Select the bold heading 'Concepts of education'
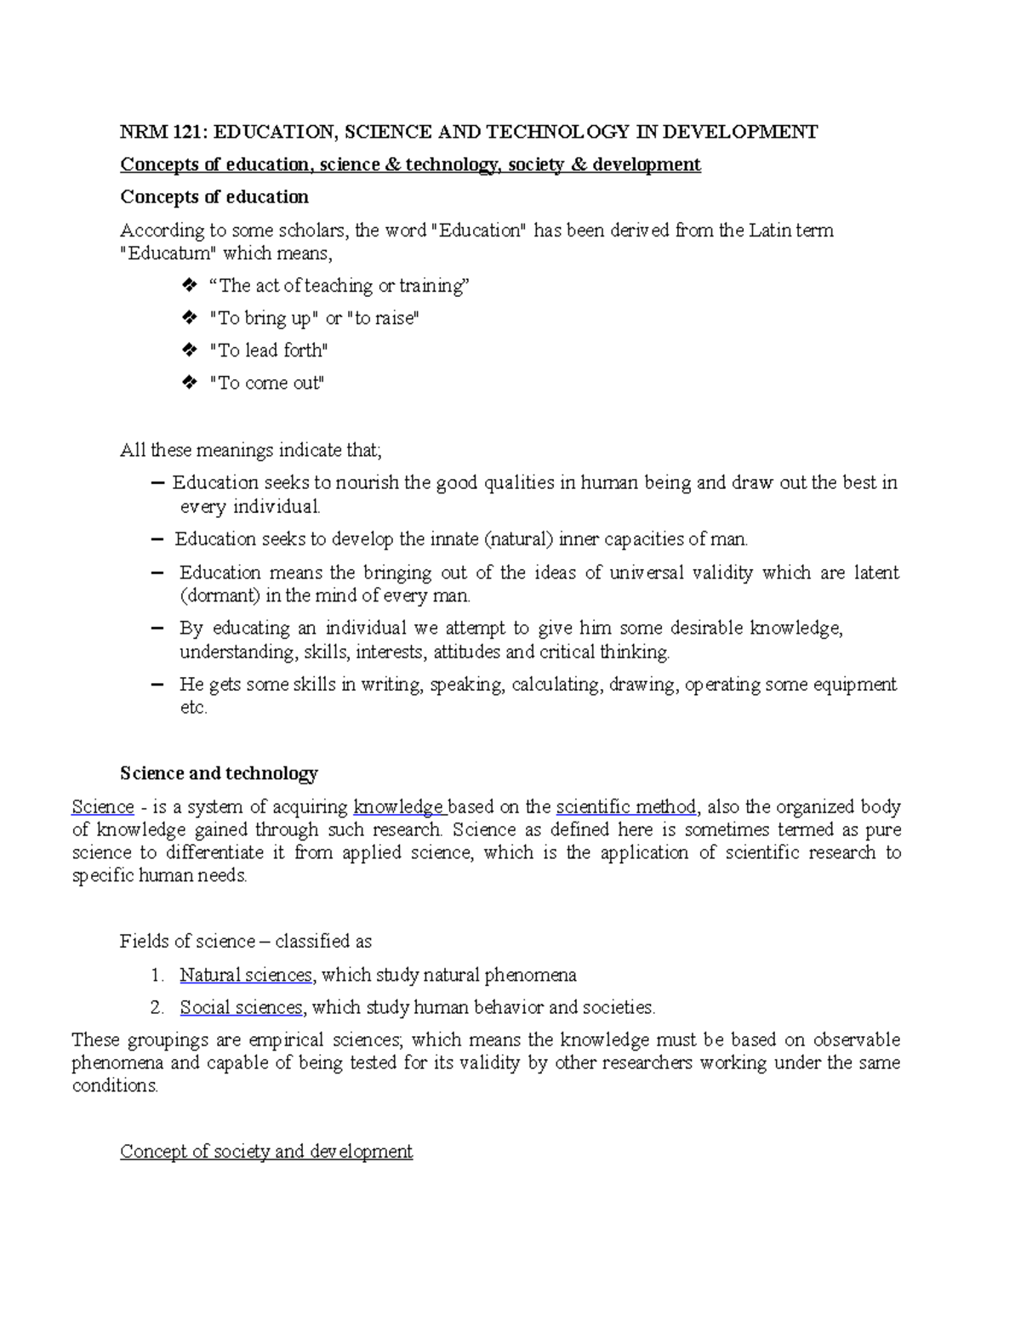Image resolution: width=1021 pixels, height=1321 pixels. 214,197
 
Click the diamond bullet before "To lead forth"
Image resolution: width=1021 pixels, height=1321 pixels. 189,350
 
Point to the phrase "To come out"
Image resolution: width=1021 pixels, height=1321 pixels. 267,384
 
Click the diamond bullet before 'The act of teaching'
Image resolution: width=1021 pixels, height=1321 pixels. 189,285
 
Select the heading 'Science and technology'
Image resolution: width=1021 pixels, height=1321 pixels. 219,773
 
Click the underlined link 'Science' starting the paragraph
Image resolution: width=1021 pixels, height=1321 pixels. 103,807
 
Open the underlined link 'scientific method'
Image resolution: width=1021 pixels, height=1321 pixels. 626,807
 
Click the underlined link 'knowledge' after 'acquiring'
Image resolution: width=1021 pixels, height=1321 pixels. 398,807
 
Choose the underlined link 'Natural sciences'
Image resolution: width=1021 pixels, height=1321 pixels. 246,975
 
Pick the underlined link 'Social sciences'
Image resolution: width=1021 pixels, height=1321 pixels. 241,1008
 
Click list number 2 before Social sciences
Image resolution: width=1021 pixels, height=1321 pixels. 156,1008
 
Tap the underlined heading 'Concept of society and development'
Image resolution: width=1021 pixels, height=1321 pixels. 266,1152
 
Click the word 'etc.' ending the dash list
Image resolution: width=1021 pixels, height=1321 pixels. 193,708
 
